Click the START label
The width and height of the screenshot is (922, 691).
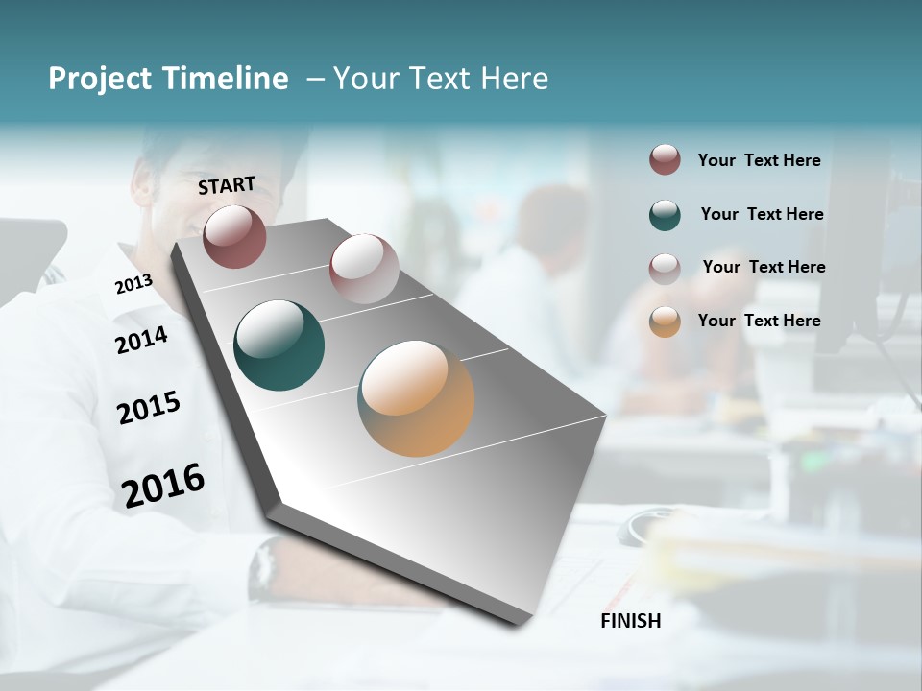227,184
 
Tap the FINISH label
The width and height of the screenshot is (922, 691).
631,621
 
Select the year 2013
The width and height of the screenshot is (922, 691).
133,284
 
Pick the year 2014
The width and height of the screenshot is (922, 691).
141,340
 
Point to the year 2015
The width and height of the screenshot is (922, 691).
149,408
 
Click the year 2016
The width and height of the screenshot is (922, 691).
163,485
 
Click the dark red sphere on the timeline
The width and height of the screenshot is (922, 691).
234,236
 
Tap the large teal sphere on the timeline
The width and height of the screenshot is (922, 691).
279,345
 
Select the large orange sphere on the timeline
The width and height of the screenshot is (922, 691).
416,398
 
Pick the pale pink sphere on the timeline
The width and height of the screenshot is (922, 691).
364,269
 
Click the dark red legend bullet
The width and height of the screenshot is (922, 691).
665,160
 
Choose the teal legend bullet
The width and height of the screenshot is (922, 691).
665,215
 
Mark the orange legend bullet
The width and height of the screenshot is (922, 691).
665,322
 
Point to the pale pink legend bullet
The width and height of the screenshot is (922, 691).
665,268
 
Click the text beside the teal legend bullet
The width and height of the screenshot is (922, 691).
762,214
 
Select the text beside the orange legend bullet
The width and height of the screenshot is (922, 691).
759,321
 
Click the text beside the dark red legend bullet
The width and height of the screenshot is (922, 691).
759,160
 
